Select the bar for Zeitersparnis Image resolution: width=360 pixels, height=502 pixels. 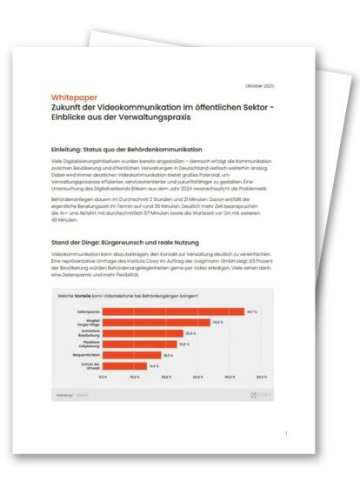point(173,311)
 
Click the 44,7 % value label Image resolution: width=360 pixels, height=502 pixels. point(252,311)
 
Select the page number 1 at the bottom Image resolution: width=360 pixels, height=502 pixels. point(286,432)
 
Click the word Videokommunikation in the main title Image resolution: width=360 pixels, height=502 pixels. point(130,108)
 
